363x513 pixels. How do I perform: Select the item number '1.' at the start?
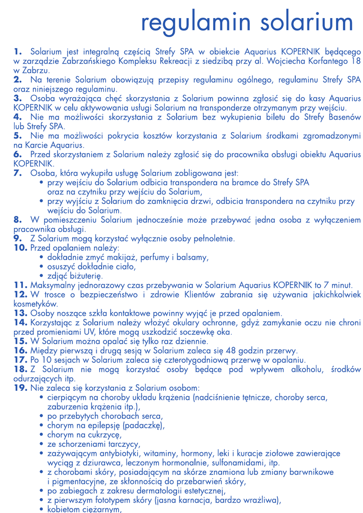click(x=18, y=51)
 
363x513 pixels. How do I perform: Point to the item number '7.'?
click(x=18, y=173)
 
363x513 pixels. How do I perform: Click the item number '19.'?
click(x=21, y=388)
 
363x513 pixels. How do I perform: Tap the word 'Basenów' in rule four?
click(x=344, y=117)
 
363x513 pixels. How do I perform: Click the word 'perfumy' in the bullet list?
click(x=156, y=257)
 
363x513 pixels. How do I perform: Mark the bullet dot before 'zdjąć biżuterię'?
click(x=42, y=276)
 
